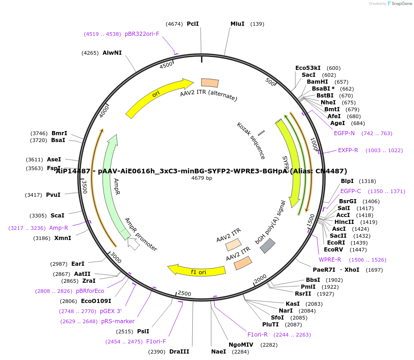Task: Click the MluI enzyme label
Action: (x=237, y=24)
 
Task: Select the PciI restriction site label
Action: (x=193, y=24)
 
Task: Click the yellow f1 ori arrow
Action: (x=198, y=270)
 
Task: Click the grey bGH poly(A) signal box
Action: (x=267, y=246)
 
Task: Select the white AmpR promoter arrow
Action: (x=133, y=244)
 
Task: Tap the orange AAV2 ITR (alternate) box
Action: (x=210, y=83)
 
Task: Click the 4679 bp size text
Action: (x=201, y=178)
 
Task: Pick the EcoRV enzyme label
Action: (x=333, y=250)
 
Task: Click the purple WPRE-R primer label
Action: (x=330, y=260)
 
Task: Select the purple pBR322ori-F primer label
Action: (x=142, y=34)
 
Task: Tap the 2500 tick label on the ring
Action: (x=184, y=293)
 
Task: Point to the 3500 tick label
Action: (x=85, y=186)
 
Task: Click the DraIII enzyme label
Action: (x=179, y=352)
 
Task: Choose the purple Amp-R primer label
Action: (x=58, y=228)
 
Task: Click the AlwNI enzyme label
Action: (x=112, y=53)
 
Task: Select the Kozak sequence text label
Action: (x=251, y=140)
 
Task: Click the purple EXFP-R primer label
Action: (x=348, y=150)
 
